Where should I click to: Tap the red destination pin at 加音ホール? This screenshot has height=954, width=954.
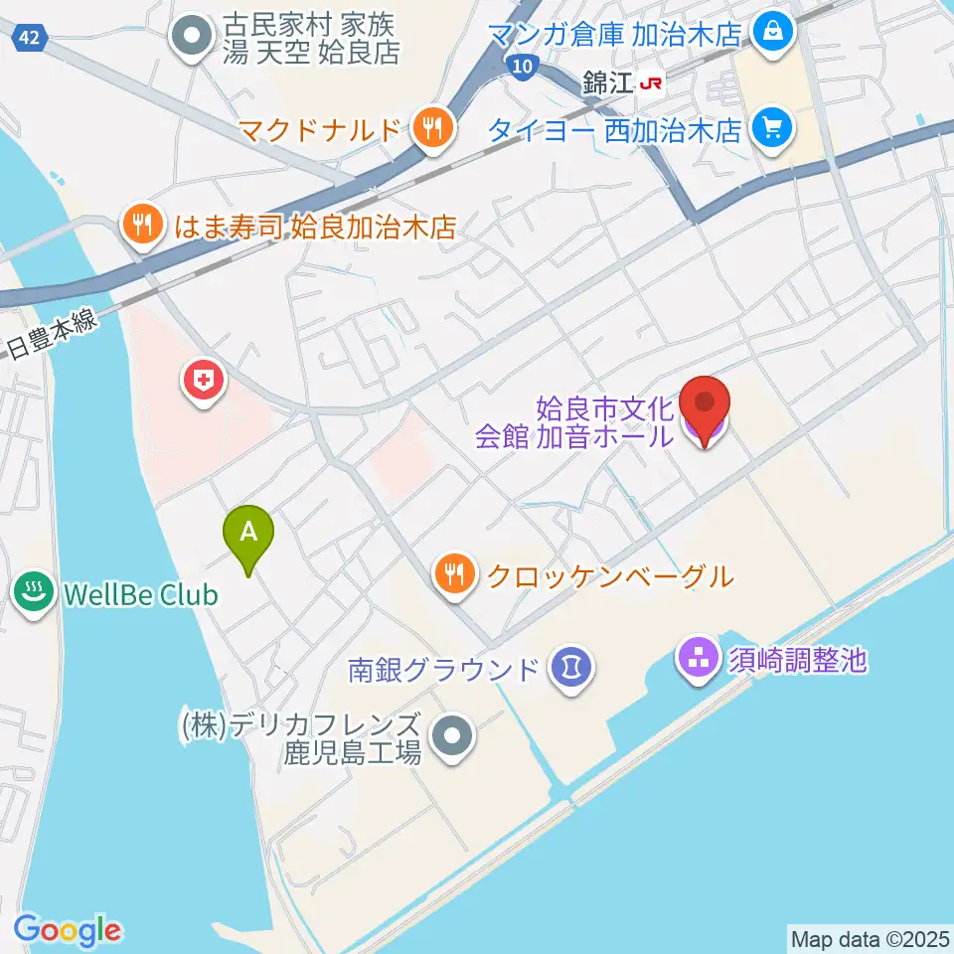(x=705, y=407)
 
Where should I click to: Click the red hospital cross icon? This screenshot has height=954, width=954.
(x=204, y=379)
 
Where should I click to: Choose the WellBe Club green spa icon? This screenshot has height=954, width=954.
(x=36, y=594)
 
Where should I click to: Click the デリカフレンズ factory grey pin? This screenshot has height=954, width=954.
(x=455, y=737)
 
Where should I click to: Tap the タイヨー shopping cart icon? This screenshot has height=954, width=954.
(x=770, y=127)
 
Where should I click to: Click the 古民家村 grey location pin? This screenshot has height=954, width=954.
(x=189, y=38)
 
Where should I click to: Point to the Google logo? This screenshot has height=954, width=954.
(x=68, y=929)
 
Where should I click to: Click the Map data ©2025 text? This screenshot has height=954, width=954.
(x=870, y=937)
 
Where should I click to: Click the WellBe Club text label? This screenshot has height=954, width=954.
(x=139, y=595)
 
